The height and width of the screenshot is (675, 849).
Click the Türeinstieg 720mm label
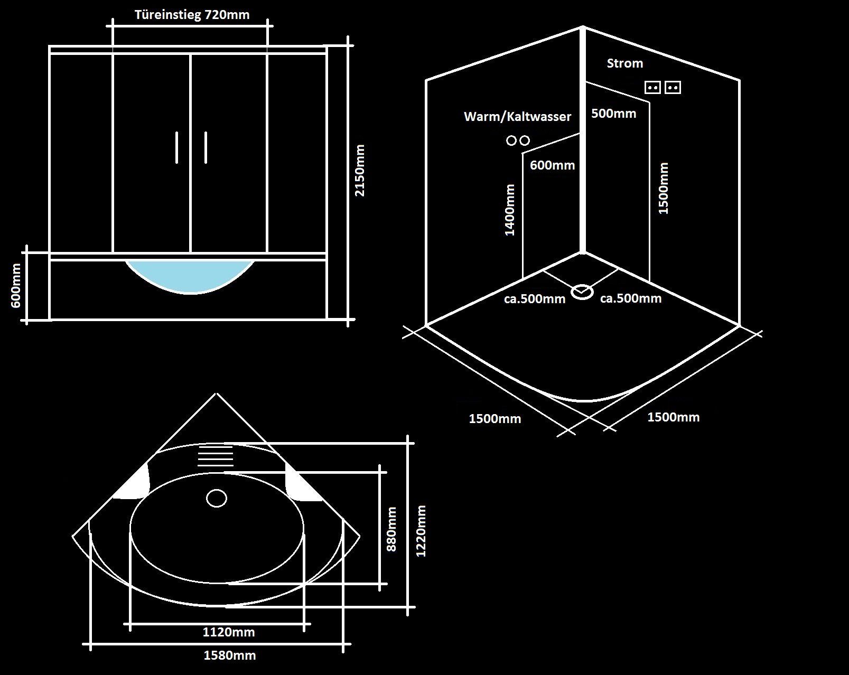click(x=192, y=15)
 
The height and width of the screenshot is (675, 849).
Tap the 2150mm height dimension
click(x=360, y=170)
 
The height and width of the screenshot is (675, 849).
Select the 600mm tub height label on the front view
click(x=16, y=286)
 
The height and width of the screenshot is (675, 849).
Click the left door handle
click(x=177, y=147)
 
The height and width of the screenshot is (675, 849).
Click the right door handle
click(x=206, y=147)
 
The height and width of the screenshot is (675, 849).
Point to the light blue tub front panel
click(x=190, y=275)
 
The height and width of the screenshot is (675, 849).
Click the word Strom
click(x=624, y=63)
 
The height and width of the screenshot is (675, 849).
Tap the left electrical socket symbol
click(x=653, y=87)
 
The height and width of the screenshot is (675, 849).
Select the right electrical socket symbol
click(x=673, y=87)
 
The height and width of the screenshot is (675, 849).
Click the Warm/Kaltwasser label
click(x=517, y=117)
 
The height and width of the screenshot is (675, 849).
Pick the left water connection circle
click(x=511, y=140)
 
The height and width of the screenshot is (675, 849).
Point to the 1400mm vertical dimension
click(x=510, y=210)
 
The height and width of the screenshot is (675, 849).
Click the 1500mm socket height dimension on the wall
click(x=664, y=188)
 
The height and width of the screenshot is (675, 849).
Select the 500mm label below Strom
click(x=613, y=114)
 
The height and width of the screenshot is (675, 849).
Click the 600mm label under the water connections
click(x=552, y=165)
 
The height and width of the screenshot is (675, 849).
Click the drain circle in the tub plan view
click(x=216, y=498)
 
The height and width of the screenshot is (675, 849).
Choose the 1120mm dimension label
click(x=229, y=632)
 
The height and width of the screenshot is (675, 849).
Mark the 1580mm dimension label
click(x=229, y=655)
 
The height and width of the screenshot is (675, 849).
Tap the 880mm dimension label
click(x=391, y=529)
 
